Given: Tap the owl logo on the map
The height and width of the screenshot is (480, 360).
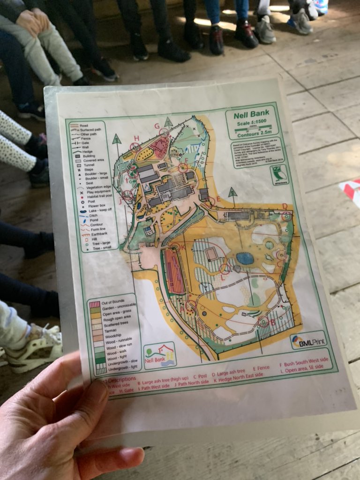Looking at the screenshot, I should (x=279, y=175).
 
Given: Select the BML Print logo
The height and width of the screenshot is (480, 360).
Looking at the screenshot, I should (x=308, y=341).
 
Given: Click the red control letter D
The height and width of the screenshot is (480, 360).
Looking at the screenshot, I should (x=285, y=206).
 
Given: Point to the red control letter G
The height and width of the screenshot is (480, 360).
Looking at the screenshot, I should (x=157, y=126).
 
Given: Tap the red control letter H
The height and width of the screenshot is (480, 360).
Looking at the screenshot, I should (x=137, y=138).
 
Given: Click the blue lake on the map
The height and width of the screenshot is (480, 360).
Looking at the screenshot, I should (x=245, y=258).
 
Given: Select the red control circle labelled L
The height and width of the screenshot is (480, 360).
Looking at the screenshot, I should (x=225, y=269).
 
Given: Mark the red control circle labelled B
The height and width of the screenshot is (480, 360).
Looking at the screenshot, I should (x=264, y=322).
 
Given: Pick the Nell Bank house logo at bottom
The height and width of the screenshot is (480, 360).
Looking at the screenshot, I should (x=159, y=354).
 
